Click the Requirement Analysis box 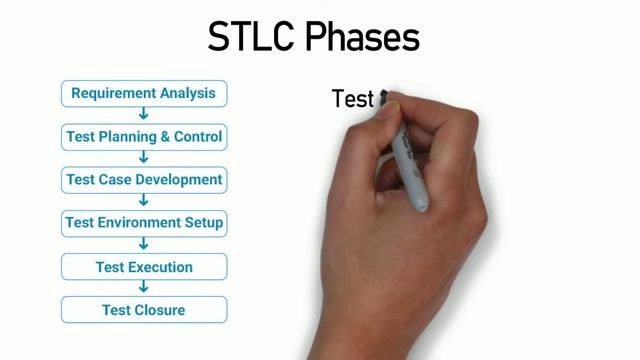coord(143,94)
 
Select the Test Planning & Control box coord(143,136)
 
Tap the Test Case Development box coord(143,180)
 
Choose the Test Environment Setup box coord(143,222)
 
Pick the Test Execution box coord(143,267)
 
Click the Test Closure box coord(143,310)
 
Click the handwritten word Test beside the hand coord(352,99)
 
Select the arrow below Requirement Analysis coord(144,115)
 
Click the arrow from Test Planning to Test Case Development coord(144,158)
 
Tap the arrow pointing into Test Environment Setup coord(144,201)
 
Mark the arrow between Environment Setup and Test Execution coord(144,244)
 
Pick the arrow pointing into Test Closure coord(144,288)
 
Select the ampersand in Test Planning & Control coord(163,136)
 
